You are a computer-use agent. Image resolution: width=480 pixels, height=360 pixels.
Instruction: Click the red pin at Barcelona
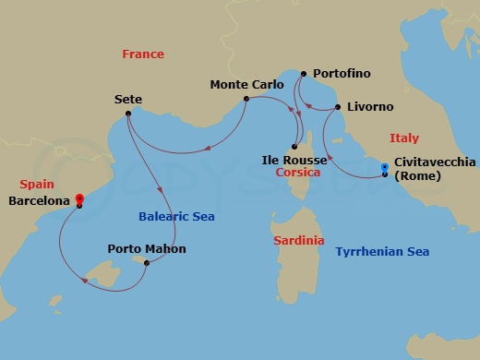click(x=79, y=198)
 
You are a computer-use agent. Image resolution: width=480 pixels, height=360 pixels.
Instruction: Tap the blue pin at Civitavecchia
click(x=385, y=168)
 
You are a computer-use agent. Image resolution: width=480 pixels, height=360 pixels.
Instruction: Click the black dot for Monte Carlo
click(x=246, y=100)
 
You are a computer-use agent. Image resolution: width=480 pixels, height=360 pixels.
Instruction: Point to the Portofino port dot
click(x=304, y=72)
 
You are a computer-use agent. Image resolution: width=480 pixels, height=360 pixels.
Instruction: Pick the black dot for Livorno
click(x=338, y=107)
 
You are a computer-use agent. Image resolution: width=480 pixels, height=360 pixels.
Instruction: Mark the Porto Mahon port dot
click(x=146, y=262)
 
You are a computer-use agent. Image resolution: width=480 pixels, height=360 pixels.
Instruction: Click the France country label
click(x=143, y=54)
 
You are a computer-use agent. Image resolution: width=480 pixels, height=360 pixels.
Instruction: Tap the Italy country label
click(x=403, y=138)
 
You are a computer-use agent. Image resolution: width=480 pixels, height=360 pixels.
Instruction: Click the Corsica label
click(x=297, y=173)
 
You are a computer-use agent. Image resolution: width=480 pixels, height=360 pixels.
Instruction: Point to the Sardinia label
click(x=299, y=240)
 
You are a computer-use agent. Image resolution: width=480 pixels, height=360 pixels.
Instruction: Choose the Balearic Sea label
click(x=176, y=217)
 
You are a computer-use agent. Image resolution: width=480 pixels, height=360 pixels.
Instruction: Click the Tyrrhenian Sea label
click(x=382, y=252)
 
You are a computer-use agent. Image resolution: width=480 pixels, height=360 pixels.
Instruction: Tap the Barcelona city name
click(x=40, y=200)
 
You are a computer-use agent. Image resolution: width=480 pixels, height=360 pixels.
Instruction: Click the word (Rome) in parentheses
click(x=418, y=178)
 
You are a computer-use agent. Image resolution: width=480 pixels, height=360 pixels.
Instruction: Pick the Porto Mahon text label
click(x=147, y=249)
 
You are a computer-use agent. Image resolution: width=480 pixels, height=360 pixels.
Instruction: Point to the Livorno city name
click(x=371, y=107)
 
